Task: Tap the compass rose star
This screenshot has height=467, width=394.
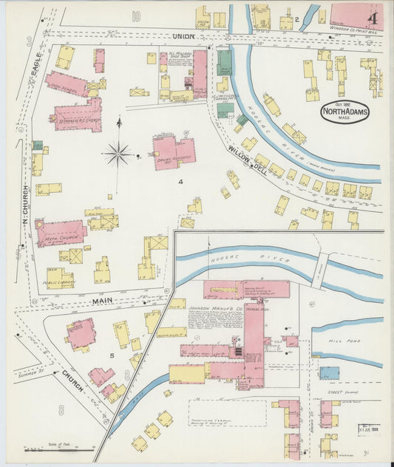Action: click(x=118, y=154)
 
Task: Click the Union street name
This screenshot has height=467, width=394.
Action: click(x=182, y=35)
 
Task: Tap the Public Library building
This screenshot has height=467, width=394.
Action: click(x=59, y=279)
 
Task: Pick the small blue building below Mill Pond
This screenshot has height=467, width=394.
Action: click(x=329, y=372)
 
